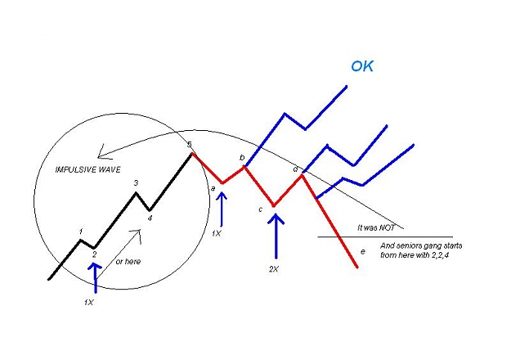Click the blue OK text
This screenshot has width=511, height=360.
pyautogui.click(x=362, y=66)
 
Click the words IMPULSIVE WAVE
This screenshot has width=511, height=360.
pyautogui.click(x=88, y=169)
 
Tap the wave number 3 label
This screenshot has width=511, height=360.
pyautogui.click(x=137, y=183)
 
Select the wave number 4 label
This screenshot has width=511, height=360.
pyautogui.click(x=150, y=218)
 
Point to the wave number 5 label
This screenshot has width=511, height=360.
pyautogui.click(x=190, y=145)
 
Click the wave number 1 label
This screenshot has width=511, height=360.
pyautogui.click(x=81, y=232)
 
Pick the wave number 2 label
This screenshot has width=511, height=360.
pyautogui.click(x=94, y=254)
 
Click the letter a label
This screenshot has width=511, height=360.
pyautogui.click(x=213, y=188)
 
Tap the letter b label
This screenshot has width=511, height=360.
pyautogui.click(x=242, y=158)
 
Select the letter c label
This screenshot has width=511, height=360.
pyautogui.click(x=260, y=209)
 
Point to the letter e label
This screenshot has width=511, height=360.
pyautogui.click(x=363, y=252)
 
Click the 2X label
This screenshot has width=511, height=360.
pyautogui.click(x=274, y=269)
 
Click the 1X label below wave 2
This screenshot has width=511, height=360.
pyautogui.click(x=88, y=302)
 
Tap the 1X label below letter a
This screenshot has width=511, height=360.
pyautogui.click(x=217, y=233)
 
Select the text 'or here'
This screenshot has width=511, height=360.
pyautogui.click(x=128, y=262)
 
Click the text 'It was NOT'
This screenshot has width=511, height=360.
pyautogui.click(x=376, y=227)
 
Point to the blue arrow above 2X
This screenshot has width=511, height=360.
pyautogui.click(x=276, y=236)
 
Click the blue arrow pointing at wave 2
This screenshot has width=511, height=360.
pyautogui.click(x=95, y=278)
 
